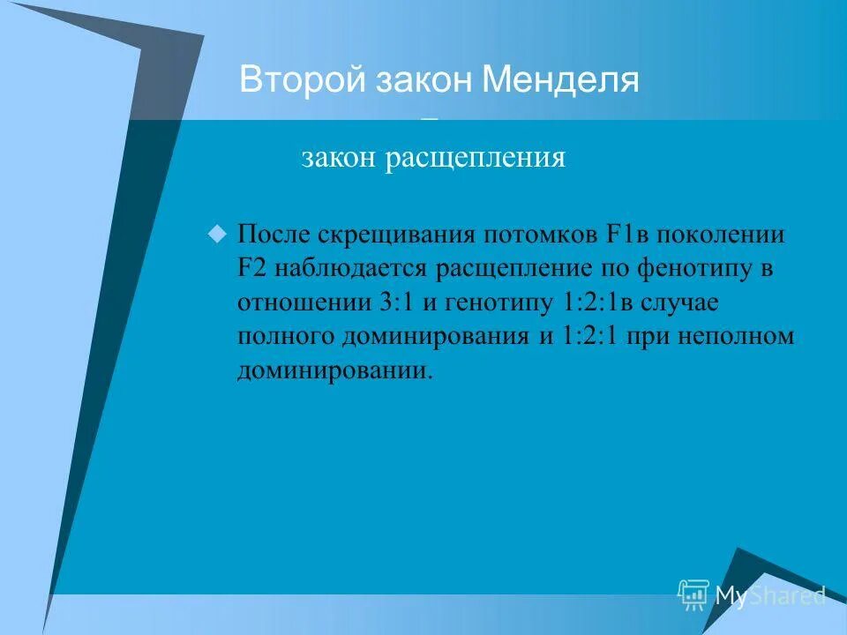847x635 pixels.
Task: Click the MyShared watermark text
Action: pos(769,596)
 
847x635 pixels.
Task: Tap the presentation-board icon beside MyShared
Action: pos(693,595)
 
